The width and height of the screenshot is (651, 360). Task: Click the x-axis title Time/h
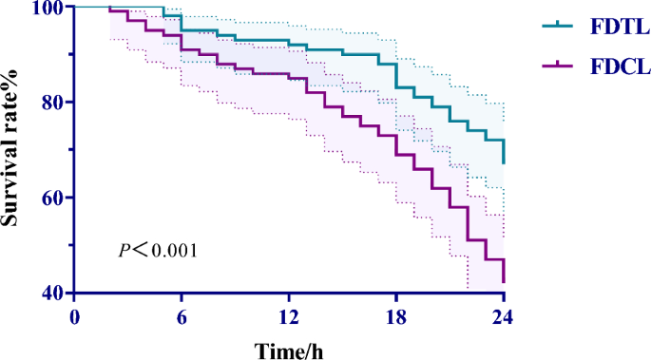pos(289,349)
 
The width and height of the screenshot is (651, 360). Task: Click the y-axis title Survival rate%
pos(13,150)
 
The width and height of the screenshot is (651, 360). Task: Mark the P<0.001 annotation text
pos(157,251)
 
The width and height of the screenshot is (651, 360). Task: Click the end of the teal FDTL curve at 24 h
pos(504,163)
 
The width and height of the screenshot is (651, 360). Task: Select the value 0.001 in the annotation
pos(174,251)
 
